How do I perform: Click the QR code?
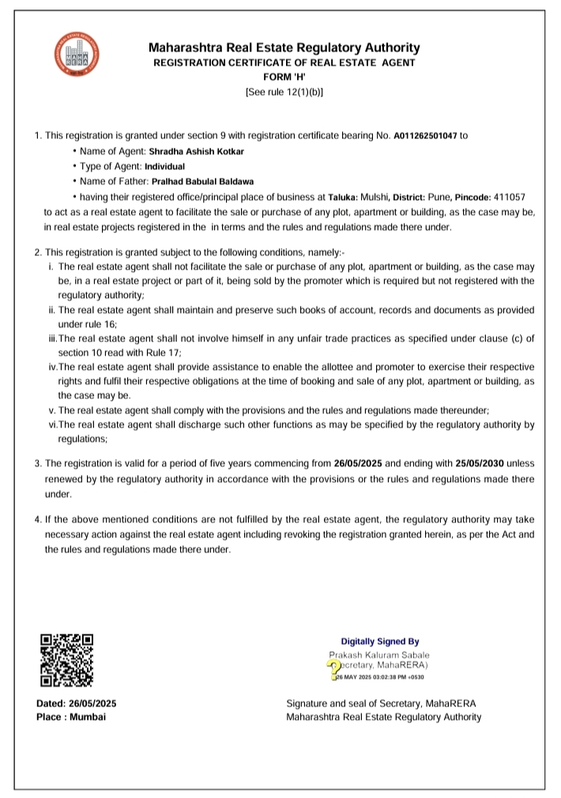pos(67,660)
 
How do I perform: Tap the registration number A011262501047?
pos(425,135)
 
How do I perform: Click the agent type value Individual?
pos(164,167)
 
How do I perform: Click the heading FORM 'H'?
pos(284,77)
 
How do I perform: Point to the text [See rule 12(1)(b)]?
pos(284,92)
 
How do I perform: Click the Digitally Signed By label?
pos(379,642)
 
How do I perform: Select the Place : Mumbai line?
pos(71,717)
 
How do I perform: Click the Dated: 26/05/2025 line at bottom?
pos(77,703)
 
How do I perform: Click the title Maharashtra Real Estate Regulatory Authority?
pos(284,47)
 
